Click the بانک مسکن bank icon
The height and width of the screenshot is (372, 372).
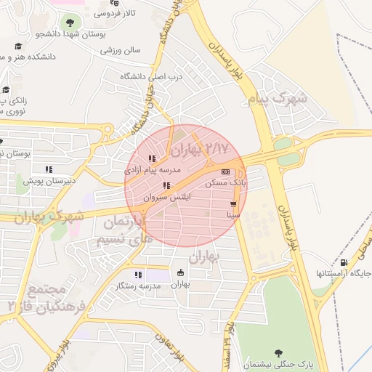click(x=225, y=171)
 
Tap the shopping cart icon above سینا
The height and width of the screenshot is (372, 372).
click(x=233, y=204)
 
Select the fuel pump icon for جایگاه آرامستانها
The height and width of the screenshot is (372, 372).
click(x=343, y=262)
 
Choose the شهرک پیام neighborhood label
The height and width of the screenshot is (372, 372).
click(x=278, y=99)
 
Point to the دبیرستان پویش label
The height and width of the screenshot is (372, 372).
click(x=49, y=181)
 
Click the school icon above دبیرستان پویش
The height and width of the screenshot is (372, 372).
click(x=49, y=169)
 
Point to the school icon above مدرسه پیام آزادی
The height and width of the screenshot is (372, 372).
click(x=152, y=158)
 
